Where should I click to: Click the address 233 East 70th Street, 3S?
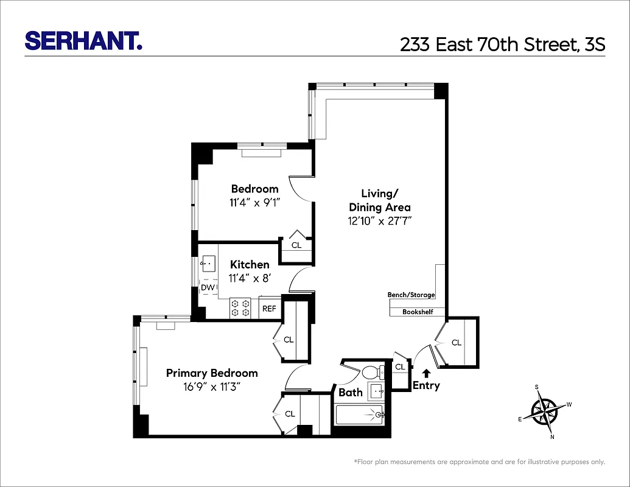coord(502,44)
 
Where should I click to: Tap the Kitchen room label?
coord(250,265)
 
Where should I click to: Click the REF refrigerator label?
coord(269,309)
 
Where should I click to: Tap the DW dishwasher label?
coord(208,287)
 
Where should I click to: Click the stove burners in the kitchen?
coord(240,307)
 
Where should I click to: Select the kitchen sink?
coord(208,264)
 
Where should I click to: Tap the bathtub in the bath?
coord(359,415)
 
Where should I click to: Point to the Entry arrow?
coord(426,373)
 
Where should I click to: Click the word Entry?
coord(426,386)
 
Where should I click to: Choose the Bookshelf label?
coord(418,312)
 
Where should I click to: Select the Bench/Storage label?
coord(411,295)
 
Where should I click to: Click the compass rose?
coord(544,411)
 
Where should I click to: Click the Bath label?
coord(351,393)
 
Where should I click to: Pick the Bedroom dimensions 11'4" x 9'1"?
coord(254,203)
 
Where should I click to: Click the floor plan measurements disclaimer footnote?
coord(479,462)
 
